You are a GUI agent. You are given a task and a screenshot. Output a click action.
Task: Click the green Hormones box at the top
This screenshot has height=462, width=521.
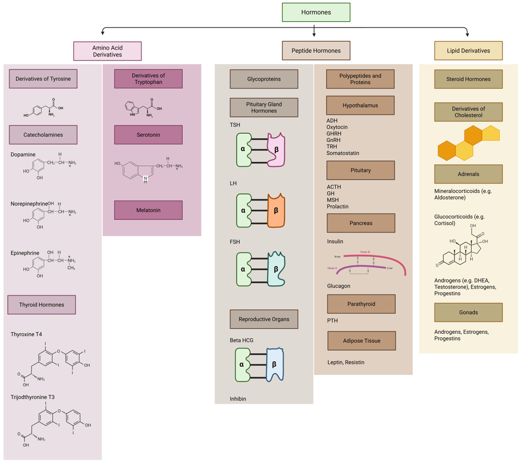316,12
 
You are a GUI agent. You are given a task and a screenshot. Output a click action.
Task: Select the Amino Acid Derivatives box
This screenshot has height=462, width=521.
107,51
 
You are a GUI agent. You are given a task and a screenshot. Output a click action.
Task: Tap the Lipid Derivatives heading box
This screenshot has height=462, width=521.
468,51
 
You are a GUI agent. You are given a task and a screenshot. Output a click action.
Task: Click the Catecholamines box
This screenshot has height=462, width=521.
43,135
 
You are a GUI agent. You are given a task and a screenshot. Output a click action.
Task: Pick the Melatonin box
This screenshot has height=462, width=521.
148,210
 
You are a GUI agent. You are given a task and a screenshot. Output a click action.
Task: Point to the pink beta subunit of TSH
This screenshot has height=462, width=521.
276,150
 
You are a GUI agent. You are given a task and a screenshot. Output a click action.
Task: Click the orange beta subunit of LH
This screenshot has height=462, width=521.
276,210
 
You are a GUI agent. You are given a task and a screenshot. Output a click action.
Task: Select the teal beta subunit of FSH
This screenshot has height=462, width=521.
276,269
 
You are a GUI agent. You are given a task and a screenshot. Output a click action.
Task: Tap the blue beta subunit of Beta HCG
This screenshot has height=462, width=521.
275,364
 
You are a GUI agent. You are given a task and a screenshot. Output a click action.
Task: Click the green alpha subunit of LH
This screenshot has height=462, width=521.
244,210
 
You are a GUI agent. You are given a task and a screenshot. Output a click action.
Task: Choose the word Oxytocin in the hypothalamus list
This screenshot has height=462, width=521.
337,127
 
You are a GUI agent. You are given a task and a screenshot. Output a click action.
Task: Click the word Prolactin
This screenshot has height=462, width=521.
337,207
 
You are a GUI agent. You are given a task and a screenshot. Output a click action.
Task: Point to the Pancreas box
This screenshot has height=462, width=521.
361,223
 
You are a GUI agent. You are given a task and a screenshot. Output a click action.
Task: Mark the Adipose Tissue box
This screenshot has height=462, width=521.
361,341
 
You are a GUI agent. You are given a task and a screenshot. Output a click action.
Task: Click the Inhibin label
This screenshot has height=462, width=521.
238,399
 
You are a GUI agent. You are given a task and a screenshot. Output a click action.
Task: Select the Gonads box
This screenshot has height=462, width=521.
468,312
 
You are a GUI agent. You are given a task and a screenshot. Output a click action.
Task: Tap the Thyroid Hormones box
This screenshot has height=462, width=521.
42,305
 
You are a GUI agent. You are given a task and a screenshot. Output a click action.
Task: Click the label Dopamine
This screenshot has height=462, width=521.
23,155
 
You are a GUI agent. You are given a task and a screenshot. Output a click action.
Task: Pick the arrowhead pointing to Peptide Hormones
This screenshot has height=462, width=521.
314,35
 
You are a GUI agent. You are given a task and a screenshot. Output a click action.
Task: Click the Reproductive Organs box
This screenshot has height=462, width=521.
264,319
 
